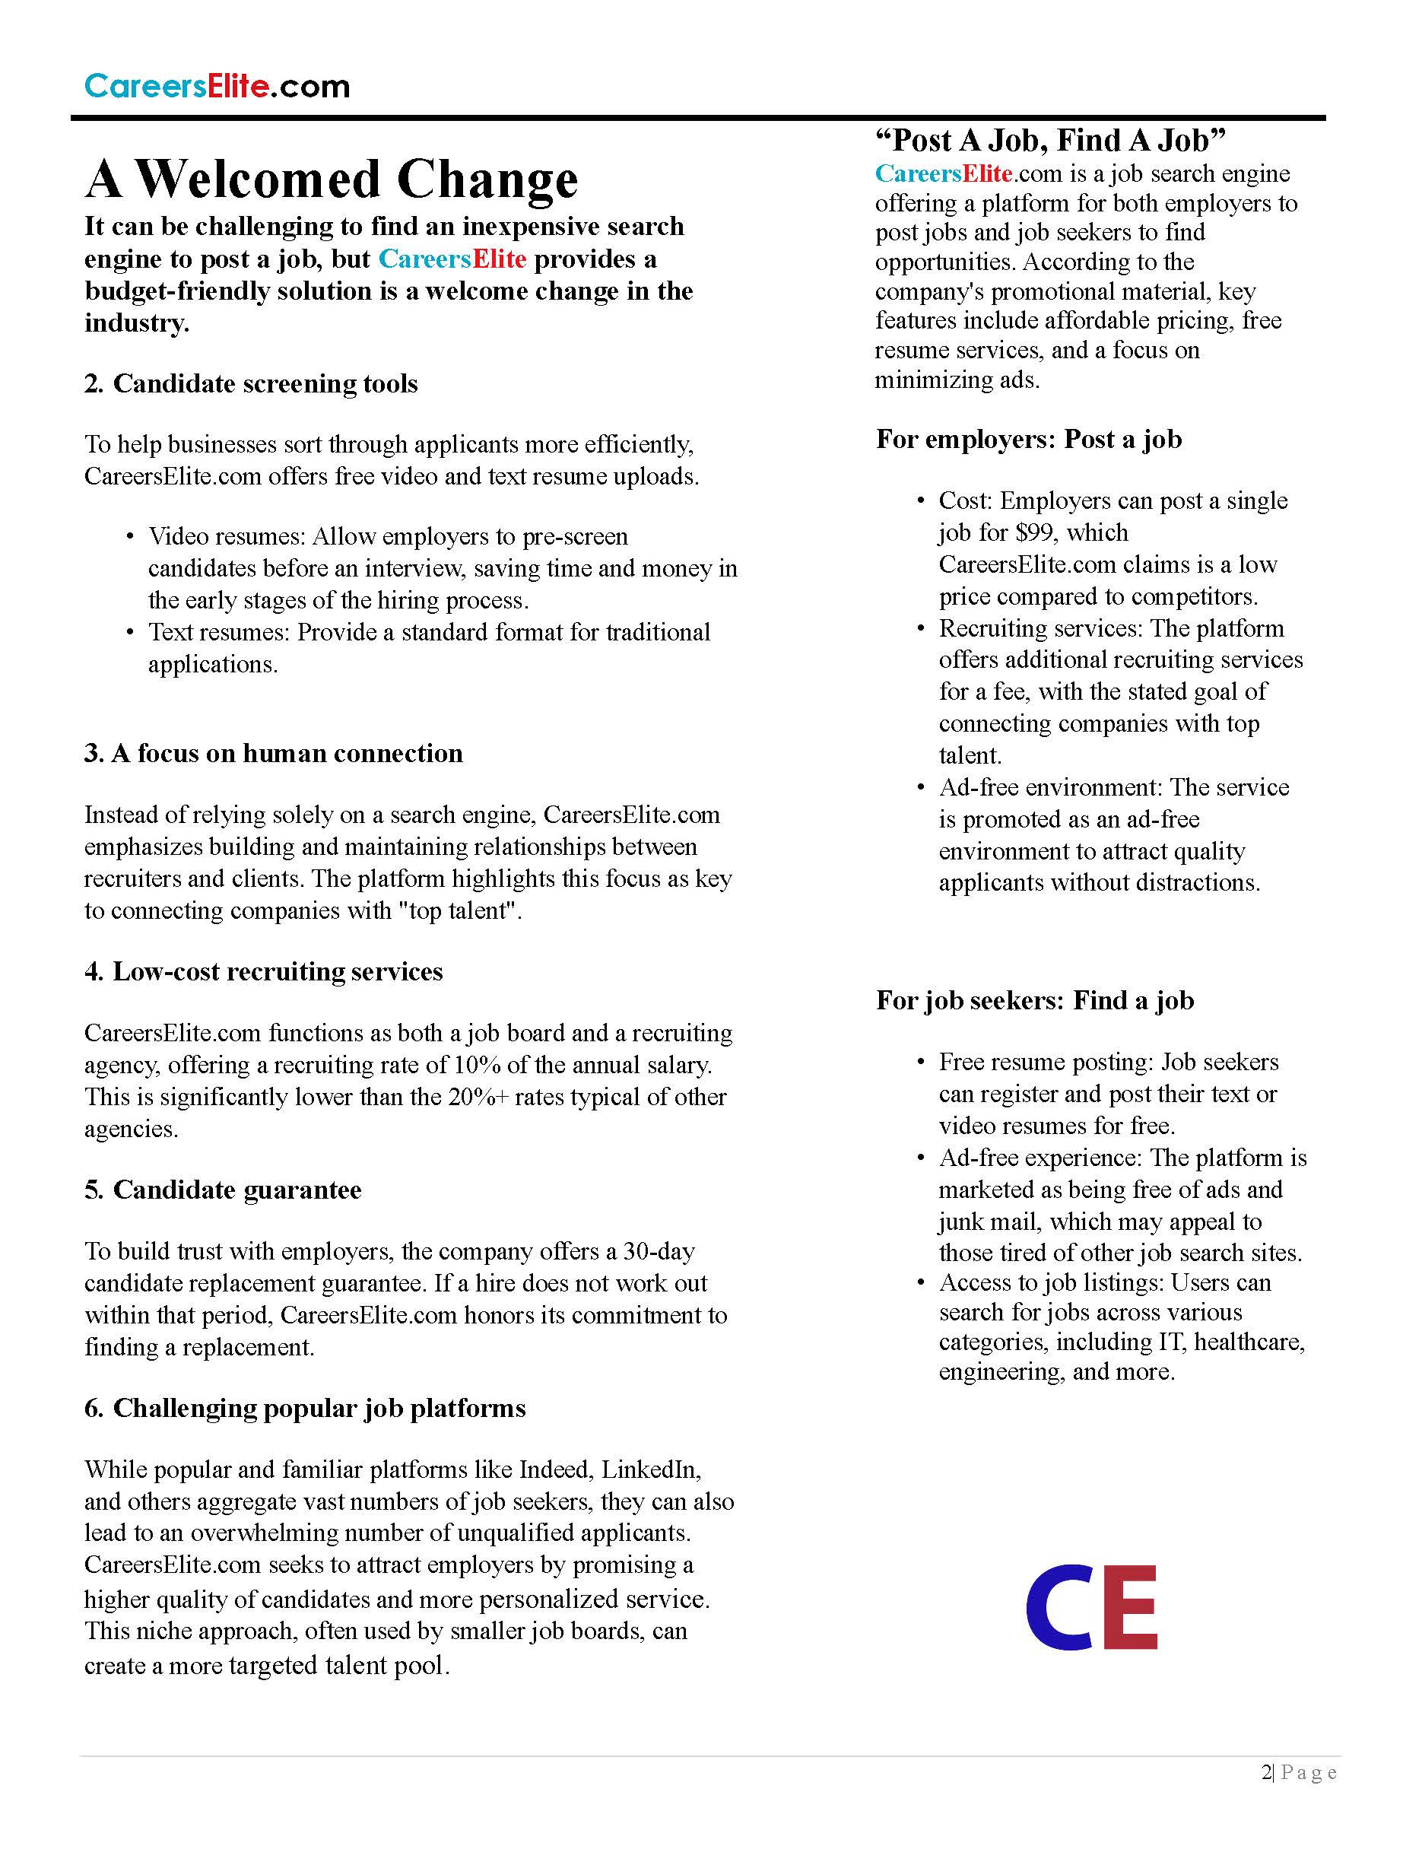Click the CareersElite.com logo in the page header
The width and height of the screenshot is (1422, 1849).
(217, 87)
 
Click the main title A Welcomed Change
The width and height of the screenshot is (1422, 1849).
(332, 179)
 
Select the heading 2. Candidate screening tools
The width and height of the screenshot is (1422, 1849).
(250, 383)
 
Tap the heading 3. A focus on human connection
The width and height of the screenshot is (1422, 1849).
(274, 754)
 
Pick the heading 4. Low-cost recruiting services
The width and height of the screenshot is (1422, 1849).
(263, 971)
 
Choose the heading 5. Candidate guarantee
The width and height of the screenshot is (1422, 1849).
(223, 1190)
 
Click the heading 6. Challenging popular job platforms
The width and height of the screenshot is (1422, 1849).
(305, 1408)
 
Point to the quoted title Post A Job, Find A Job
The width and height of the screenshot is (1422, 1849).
(1050, 140)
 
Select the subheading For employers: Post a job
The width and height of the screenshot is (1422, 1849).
(1028, 439)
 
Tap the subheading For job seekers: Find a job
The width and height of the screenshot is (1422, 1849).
(1034, 1000)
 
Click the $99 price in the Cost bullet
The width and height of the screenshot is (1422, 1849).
(1037, 532)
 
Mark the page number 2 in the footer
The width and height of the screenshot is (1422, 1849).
(1265, 1772)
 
